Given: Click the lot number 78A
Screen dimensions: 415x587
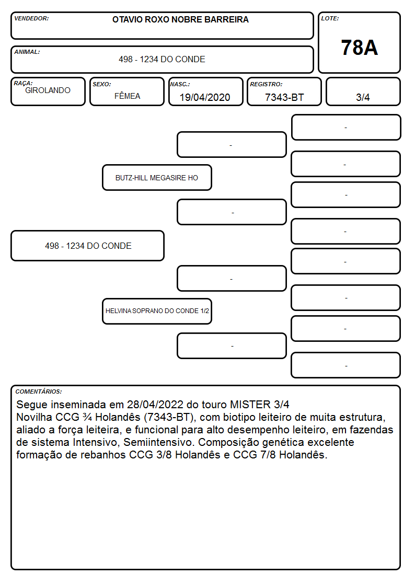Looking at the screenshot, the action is point(359,48).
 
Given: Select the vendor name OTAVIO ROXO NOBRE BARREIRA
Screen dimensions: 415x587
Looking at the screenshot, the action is point(180,19).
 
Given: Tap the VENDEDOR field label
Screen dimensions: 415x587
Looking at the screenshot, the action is point(31,18).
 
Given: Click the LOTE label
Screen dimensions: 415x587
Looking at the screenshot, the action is point(330,18).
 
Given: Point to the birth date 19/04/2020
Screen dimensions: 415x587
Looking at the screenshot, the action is point(205,97).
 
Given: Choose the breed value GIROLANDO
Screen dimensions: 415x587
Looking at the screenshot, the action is point(48,90).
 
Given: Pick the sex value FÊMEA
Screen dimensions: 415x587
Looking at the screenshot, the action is point(127,96).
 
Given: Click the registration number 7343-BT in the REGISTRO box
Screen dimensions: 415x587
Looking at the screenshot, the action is point(284,97).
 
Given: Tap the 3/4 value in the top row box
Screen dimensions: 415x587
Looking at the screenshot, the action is point(363,97).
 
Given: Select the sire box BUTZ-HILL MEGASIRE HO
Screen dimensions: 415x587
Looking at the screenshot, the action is point(157,178).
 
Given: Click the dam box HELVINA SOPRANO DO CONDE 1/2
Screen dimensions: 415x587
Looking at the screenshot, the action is point(157,311).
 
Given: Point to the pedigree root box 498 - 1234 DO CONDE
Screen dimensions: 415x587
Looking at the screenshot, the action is point(88,246).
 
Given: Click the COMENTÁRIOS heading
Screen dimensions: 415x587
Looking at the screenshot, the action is point(39,392).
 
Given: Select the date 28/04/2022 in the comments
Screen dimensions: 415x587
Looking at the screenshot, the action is point(155,405).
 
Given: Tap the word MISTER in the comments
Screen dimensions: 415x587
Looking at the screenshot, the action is point(250,405).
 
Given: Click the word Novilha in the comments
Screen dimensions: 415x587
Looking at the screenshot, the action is point(34,417).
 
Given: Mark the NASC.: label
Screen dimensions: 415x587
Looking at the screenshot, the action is point(180,84).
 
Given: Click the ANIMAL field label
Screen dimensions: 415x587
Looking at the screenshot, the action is point(27,52).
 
